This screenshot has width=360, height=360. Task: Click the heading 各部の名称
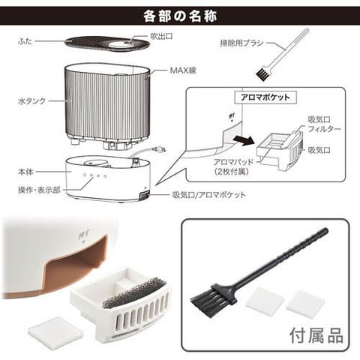click(180, 16)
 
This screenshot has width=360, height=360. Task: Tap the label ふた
click(25, 41)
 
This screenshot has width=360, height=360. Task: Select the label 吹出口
click(161, 37)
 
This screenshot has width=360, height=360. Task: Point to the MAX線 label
click(183, 70)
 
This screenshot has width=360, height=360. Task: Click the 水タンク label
click(32, 101)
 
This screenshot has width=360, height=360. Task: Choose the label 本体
click(25, 172)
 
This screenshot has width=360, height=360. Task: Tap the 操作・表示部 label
click(39, 190)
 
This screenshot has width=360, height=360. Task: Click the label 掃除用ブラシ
click(241, 43)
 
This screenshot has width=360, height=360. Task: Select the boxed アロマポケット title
click(265, 97)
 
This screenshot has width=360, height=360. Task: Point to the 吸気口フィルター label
click(324, 124)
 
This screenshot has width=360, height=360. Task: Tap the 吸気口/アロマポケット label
click(209, 195)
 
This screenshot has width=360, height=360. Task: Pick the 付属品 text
click(316, 335)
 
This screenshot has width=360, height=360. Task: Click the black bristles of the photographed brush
click(203, 298)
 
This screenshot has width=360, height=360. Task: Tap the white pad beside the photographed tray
click(55, 331)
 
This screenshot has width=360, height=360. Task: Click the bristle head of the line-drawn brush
click(262, 74)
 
